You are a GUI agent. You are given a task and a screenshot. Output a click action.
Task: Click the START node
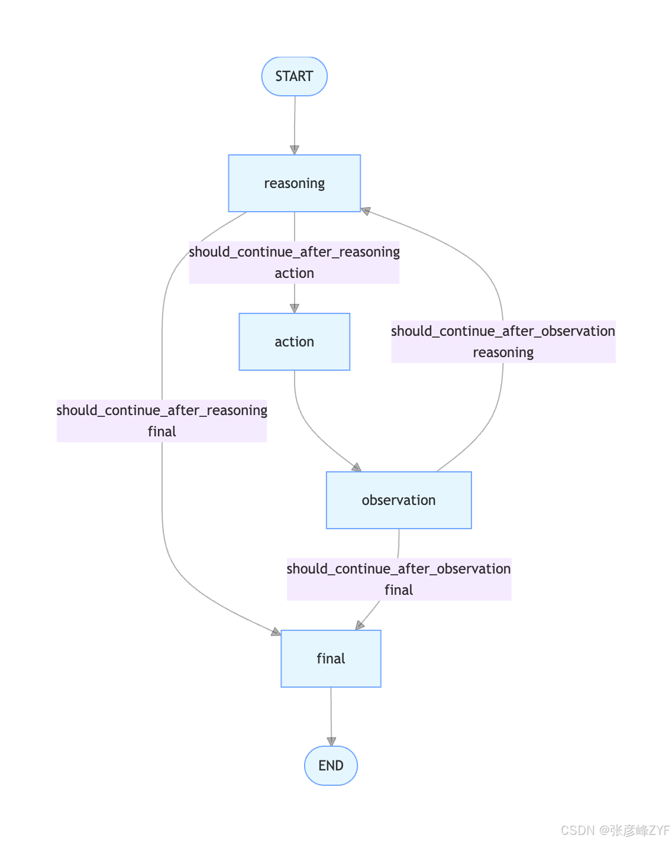295,76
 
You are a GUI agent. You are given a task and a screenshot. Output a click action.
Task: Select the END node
331,765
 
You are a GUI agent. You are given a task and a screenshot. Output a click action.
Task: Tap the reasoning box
295,183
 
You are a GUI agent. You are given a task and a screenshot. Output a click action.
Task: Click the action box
295,342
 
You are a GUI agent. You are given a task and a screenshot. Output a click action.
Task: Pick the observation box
399,500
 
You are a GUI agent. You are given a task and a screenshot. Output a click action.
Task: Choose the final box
331,659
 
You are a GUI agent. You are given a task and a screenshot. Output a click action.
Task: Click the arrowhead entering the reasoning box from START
295,150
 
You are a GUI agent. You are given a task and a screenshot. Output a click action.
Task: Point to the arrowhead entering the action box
295,309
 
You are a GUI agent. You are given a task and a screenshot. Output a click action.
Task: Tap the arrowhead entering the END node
331,741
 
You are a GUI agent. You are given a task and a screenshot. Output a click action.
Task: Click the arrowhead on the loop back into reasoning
366,211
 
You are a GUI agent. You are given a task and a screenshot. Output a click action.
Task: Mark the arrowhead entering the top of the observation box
357,467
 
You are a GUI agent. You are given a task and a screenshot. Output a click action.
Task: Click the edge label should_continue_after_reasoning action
295,262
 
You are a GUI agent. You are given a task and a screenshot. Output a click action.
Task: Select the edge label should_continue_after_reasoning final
161,421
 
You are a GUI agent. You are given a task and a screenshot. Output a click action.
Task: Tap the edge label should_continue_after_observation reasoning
503,342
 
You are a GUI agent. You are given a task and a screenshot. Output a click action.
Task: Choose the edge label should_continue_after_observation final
399,579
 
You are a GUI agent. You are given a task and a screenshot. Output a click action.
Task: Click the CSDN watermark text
615,830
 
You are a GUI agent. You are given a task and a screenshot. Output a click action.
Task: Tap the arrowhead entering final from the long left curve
276,632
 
